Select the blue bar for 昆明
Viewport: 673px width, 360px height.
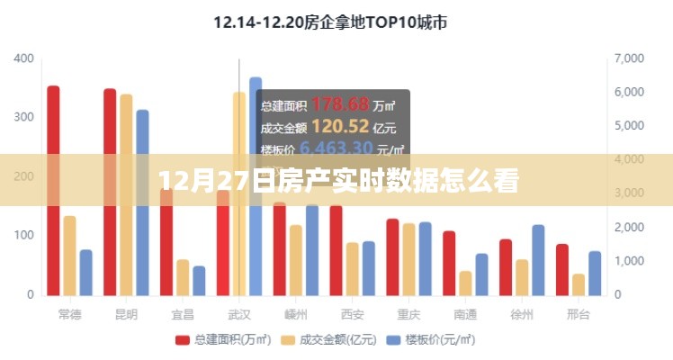142,202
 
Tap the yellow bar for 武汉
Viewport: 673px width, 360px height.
238,193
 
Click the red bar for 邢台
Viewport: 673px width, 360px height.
561,269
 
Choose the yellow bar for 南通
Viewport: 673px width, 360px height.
465,283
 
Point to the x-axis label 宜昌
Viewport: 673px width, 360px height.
183,315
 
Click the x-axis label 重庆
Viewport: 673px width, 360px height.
408,315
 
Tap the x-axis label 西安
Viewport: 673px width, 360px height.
352,315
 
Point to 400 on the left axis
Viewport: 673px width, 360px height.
24,58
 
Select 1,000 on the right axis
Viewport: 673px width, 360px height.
629,261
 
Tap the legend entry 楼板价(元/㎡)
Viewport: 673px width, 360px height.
431,339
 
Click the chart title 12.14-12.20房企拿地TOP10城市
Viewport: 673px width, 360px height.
329,22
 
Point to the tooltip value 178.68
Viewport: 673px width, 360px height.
334,104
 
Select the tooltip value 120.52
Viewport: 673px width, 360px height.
333,126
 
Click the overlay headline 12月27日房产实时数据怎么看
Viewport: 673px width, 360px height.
336,181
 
